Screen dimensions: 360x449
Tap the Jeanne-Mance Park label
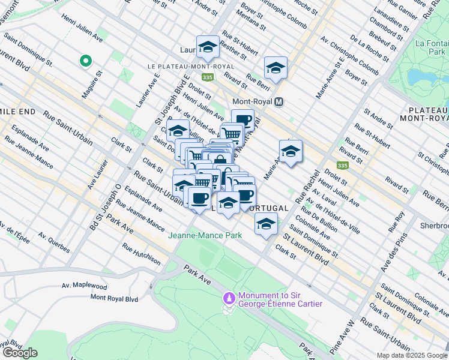205,235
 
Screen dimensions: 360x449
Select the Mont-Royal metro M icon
279,102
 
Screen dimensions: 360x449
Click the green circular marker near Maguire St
85,61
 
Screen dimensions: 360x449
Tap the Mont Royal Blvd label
113,298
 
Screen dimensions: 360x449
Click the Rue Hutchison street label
141,254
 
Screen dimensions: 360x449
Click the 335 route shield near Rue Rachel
342,165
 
